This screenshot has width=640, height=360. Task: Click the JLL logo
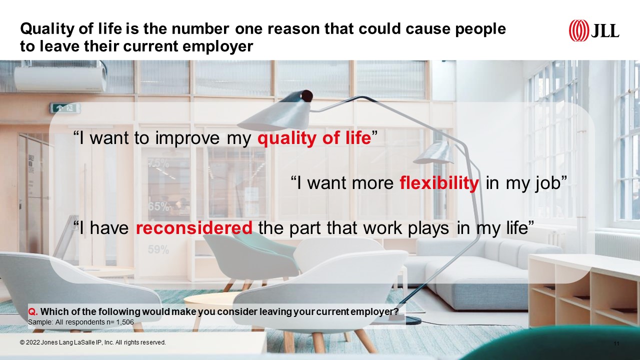click(x=593, y=30)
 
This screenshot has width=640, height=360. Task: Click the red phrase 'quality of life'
click(x=314, y=138)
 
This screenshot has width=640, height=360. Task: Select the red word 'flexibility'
click(x=439, y=183)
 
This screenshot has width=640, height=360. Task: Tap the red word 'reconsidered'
click(x=194, y=227)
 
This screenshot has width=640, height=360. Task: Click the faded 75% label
click(x=158, y=163)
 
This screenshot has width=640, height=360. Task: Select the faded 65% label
click(x=158, y=206)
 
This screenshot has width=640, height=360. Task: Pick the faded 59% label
click(x=158, y=249)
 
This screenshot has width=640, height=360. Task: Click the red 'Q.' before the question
click(x=33, y=311)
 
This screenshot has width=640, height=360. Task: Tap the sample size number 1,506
click(x=124, y=322)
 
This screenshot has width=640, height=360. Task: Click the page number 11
click(x=616, y=343)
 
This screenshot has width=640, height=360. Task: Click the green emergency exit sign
click(x=65, y=108)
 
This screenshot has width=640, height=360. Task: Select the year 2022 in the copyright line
click(x=33, y=342)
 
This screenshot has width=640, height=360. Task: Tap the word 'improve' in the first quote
click(x=187, y=138)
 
